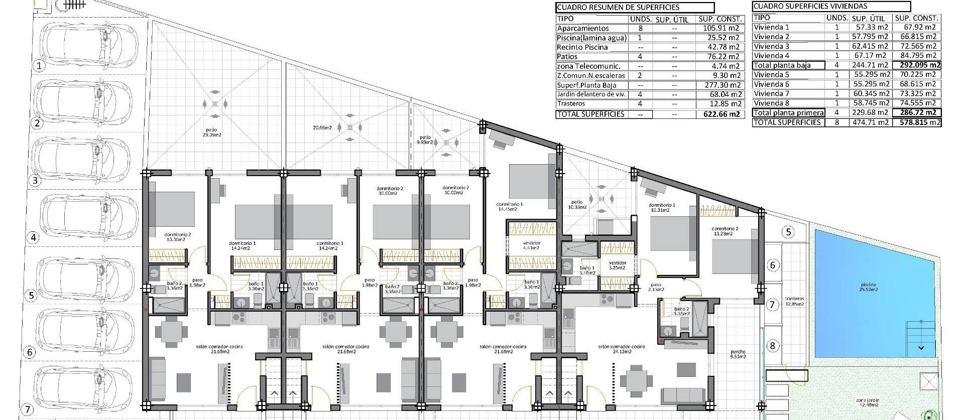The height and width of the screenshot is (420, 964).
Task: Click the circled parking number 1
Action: [40, 65]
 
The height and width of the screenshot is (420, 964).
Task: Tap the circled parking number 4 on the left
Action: [34, 237]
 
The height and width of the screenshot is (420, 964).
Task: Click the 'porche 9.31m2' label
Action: [738, 354]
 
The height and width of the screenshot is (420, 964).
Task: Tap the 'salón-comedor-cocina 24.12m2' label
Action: [621, 349]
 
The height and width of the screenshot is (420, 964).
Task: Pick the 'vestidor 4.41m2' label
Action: [531, 245]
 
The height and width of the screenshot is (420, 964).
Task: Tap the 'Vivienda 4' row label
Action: [771, 56]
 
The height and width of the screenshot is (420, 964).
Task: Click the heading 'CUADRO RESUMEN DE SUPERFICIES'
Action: [618, 8]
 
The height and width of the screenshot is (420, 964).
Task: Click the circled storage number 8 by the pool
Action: [772, 346]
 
